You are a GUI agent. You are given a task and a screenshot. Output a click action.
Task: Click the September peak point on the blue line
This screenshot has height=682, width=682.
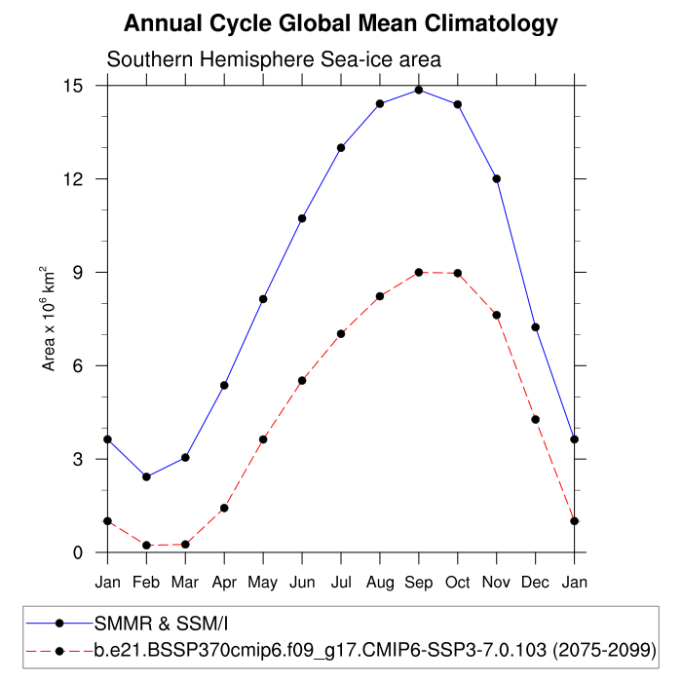click(419, 90)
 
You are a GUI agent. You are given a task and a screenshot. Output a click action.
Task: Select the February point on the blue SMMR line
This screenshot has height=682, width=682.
click(146, 476)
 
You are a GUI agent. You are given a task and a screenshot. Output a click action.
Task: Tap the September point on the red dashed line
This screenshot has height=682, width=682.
click(419, 272)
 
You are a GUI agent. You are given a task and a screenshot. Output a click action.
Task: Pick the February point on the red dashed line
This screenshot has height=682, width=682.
click(146, 546)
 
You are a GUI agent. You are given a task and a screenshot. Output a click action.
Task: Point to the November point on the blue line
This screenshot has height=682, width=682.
click(497, 178)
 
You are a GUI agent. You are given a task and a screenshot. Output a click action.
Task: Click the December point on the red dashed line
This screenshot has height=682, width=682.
click(536, 419)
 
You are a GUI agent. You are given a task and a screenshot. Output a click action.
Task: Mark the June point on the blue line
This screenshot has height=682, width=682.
click(302, 218)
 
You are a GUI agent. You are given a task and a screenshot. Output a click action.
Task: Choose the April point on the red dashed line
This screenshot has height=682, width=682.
click(224, 508)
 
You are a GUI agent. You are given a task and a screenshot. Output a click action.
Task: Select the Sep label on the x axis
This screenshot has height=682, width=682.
click(419, 583)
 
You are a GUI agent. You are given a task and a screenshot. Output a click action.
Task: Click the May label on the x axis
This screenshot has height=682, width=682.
click(263, 583)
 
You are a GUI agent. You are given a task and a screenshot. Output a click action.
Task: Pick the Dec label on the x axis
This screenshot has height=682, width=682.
click(536, 583)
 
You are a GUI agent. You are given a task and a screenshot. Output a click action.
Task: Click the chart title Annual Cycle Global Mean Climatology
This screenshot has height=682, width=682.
click(341, 23)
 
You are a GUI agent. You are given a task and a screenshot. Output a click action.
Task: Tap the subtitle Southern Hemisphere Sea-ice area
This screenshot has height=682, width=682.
click(274, 59)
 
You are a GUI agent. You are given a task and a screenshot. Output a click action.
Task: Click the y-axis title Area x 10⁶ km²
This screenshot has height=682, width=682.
click(48, 319)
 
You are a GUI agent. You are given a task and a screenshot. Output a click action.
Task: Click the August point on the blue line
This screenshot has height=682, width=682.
click(380, 103)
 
